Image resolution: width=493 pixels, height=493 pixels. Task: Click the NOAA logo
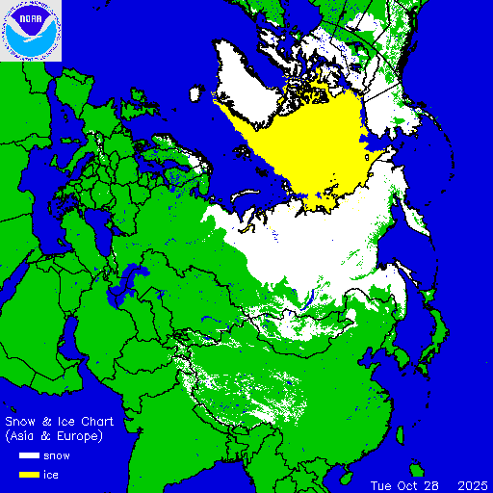[x=31, y=31]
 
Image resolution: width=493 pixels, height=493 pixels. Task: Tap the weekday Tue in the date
[x=381, y=484]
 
